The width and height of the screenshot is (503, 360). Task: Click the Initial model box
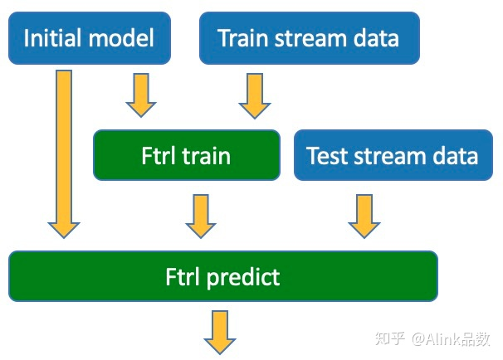(x=89, y=37)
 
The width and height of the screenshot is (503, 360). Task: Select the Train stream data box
(x=309, y=37)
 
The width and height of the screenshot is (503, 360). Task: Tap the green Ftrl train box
(x=186, y=155)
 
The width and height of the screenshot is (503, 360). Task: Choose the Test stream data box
(x=392, y=155)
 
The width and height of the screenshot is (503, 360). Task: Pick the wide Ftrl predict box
(x=222, y=275)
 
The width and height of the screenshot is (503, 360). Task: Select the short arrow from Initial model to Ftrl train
(x=140, y=94)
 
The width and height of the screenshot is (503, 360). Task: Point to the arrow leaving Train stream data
(x=255, y=94)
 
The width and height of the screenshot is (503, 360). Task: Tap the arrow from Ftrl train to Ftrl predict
(x=200, y=215)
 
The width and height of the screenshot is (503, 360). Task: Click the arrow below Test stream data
(x=364, y=215)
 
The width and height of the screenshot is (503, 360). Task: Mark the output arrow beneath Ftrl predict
(x=220, y=332)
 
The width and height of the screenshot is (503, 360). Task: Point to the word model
(x=124, y=38)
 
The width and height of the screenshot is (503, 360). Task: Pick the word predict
(x=243, y=276)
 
